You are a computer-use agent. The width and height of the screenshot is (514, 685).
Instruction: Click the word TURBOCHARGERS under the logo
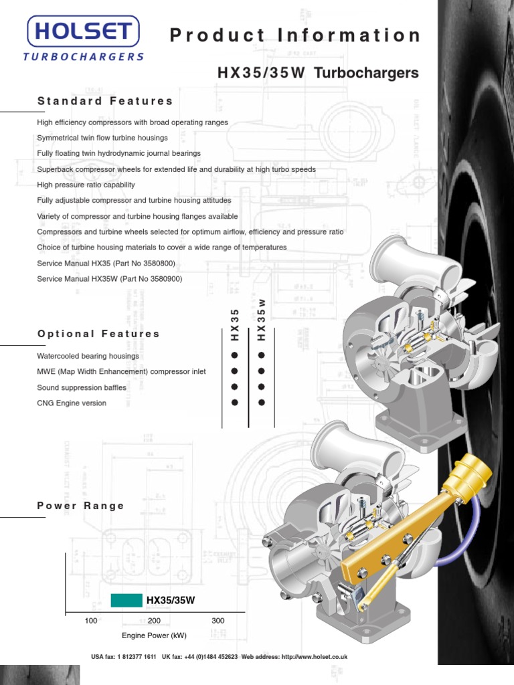click(84, 57)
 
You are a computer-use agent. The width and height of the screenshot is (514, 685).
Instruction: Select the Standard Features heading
click(105, 101)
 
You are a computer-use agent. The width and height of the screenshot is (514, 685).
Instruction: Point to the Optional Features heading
click(98, 334)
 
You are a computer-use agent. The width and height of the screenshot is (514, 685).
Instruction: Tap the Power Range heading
click(81, 506)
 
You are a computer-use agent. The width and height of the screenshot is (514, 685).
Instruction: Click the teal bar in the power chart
click(126, 600)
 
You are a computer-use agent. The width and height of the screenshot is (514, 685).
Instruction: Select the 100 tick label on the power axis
click(91, 621)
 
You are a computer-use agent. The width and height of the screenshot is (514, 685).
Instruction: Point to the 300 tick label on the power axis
click(218, 621)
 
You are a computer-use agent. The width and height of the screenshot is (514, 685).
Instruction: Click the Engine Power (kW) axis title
click(154, 635)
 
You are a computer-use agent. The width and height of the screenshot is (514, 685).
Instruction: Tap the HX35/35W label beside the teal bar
click(171, 601)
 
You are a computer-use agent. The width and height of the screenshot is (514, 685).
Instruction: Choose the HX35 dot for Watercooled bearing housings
click(235, 355)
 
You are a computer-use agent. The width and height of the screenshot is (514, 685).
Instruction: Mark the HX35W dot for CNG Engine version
click(262, 403)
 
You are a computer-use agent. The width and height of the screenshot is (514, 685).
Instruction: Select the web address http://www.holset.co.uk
click(315, 658)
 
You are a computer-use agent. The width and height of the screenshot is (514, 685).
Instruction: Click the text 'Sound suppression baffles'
click(82, 387)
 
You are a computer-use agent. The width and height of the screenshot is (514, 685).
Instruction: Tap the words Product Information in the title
click(295, 36)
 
